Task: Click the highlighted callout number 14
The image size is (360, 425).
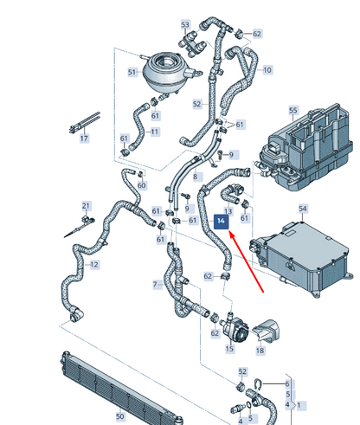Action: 221,222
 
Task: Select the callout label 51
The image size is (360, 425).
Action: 132,72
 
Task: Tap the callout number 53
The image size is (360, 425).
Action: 185,25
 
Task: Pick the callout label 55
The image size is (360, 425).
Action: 293,110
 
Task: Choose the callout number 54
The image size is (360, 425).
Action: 303,209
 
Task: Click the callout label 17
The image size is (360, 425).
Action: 84,138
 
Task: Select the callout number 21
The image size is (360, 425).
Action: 86,206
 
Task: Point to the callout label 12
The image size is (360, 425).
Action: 94,265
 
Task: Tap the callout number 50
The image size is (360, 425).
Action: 120,416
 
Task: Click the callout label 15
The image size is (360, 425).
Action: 229,349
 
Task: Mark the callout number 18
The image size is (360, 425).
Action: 260,351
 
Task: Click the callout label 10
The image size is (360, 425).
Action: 267,70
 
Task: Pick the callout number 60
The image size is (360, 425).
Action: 142,185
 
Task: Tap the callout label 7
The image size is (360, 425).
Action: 155,285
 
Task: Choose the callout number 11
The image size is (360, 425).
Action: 155,132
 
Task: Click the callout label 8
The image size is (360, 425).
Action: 196,177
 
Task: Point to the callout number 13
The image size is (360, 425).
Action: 228,211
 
